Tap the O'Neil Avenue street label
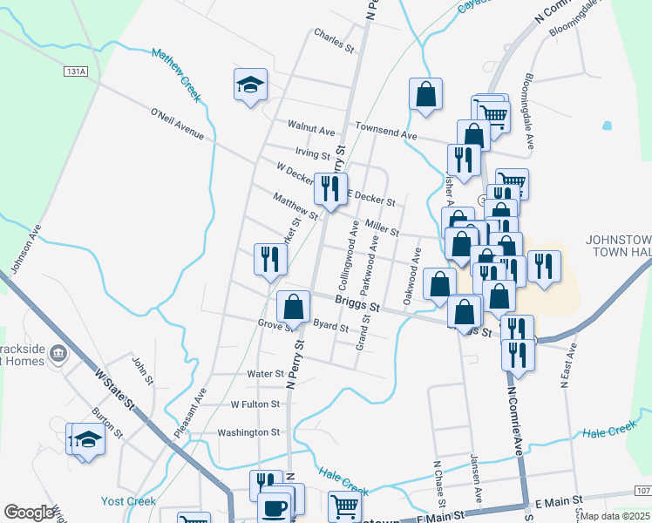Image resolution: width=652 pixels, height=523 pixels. [x=177, y=123]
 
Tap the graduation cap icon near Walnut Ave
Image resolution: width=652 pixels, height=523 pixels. [x=250, y=85]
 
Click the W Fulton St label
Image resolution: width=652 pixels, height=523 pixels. [x=255, y=404]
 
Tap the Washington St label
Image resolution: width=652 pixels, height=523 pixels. [x=248, y=432]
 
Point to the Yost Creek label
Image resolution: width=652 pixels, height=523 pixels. [x=128, y=501]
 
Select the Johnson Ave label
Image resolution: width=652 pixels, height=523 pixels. [x=25, y=248]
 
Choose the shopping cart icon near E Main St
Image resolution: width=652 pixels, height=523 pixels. [x=345, y=505]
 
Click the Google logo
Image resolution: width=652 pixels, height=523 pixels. [x=29, y=513]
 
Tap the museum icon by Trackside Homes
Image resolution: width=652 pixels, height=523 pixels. [x=59, y=354]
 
